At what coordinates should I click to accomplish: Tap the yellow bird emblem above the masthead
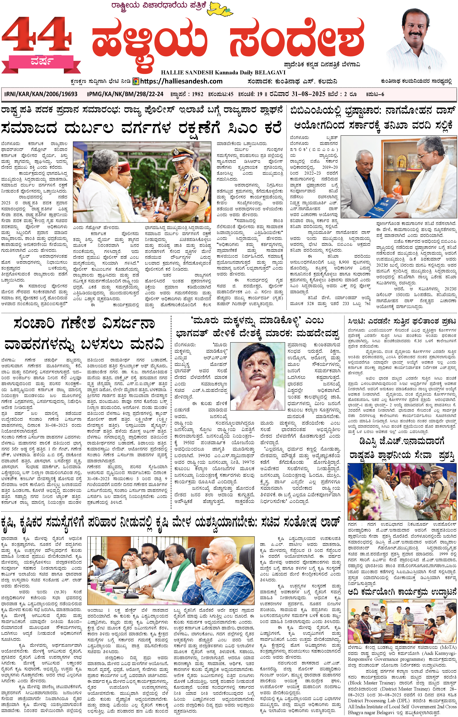pyautogui.click(x=220, y=8)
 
